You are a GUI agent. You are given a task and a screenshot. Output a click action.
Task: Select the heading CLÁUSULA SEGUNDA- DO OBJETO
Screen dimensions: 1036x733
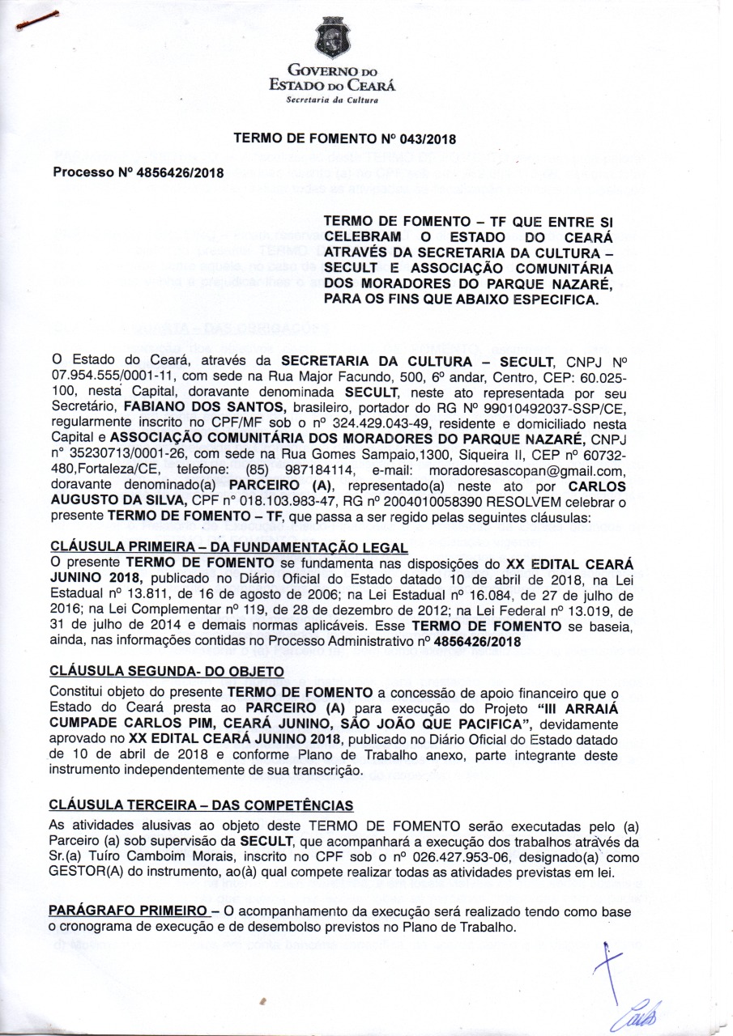point(167,671)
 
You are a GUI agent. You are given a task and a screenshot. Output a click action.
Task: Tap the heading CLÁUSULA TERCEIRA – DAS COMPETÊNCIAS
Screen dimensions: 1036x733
point(201,805)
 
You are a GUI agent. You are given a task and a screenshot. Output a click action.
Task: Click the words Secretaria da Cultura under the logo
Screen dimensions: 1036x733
point(334,100)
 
